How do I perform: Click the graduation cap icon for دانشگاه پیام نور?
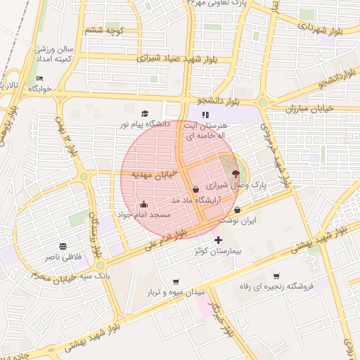tap(145, 113)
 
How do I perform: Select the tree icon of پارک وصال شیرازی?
tap(235, 172)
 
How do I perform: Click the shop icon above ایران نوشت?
tap(237, 210)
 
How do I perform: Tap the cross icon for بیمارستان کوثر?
tap(218, 240)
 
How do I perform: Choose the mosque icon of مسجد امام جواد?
tap(143, 204)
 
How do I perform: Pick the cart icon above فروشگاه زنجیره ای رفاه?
tap(276, 276)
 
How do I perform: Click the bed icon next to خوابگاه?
tap(40, 79)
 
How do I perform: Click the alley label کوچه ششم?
tap(103, 30)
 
